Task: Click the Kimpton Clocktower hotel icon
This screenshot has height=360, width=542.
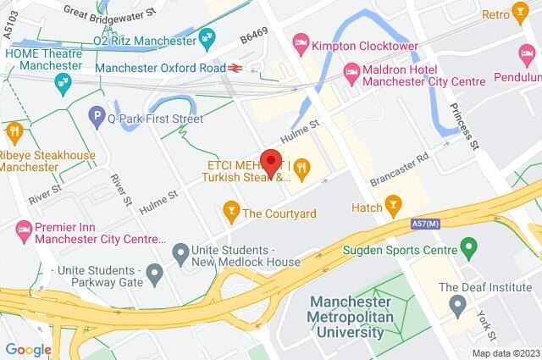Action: tap(300, 40)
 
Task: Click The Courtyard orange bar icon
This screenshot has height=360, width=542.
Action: tap(230, 208)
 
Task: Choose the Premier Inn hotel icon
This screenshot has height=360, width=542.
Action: tap(24, 229)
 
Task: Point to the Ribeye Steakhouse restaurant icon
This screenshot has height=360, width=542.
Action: tap(14, 131)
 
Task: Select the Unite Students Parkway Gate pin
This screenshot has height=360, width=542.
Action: tap(154, 273)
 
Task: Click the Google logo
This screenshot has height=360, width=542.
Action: tap(28, 349)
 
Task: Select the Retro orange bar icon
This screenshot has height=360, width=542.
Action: tap(519, 14)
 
